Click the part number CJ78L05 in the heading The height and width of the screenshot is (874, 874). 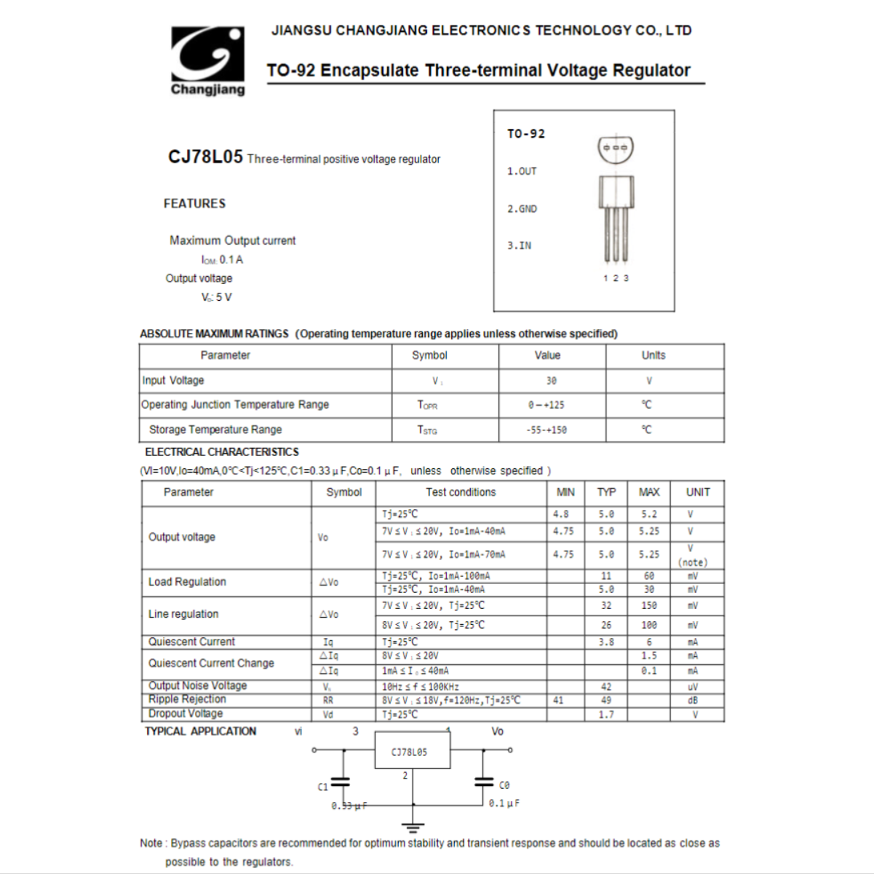(205, 157)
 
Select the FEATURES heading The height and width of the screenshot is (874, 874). (194, 204)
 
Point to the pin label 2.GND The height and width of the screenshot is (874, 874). (522, 209)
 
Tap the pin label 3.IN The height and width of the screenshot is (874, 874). (519, 246)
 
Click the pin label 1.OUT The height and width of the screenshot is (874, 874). (522, 172)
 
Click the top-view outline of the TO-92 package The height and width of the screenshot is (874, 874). (616, 149)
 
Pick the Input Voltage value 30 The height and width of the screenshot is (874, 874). (551, 381)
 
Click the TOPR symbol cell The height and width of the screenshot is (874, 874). (427, 405)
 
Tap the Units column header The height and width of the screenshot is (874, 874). (653, 355)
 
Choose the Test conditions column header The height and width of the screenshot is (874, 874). (461, 492)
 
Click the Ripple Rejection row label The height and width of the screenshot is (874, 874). (187, 699)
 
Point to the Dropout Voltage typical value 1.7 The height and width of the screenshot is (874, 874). (606, 715)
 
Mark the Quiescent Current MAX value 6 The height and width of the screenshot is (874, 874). (649, 642)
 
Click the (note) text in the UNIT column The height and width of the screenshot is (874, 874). (692, 563)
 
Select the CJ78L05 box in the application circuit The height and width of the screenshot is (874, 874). (412, 751)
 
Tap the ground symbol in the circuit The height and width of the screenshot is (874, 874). (413, 827)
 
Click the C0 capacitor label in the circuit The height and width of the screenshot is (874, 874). (504, 785)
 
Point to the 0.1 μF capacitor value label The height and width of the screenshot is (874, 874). (504, 803)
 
